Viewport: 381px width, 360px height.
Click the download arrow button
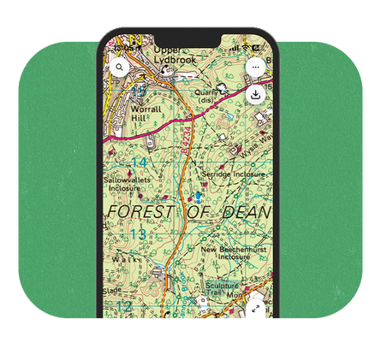point(256,94)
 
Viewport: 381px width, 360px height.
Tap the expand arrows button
point(256,304)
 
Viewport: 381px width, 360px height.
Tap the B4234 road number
point(183,162)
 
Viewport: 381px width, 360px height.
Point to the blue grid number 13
point(137,233)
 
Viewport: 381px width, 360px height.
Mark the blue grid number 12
point(124,305)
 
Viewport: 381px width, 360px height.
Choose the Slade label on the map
point(112,290)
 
